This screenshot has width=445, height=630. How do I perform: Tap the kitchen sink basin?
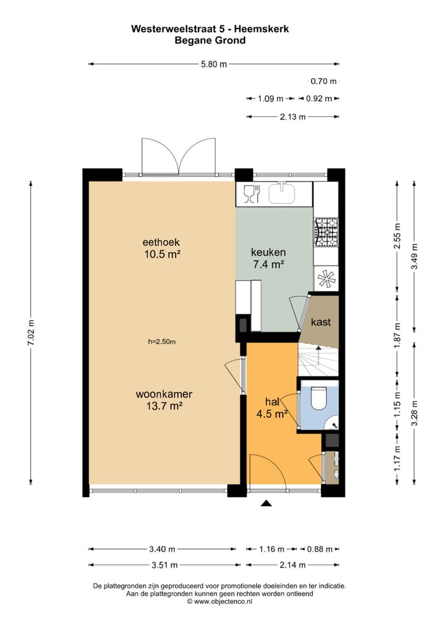tap(284, 193)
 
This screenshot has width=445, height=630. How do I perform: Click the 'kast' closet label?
tap(320, 322)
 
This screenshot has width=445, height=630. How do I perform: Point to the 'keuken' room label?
tap(268, 252)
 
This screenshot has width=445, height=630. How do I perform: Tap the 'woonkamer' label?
tap(164, 394)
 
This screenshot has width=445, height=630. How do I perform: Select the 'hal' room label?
tap(273, 401)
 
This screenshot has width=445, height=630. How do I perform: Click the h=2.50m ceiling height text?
tap(163, 341)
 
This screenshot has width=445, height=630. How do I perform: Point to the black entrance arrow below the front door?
tap(266, 504)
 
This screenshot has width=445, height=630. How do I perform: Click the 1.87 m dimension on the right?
tap(397, 335)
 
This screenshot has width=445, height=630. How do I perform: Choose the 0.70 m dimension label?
tap(323, 81)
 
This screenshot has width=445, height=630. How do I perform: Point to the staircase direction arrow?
tap(318, 356)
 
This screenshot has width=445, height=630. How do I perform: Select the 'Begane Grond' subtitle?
tap(211, 40)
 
